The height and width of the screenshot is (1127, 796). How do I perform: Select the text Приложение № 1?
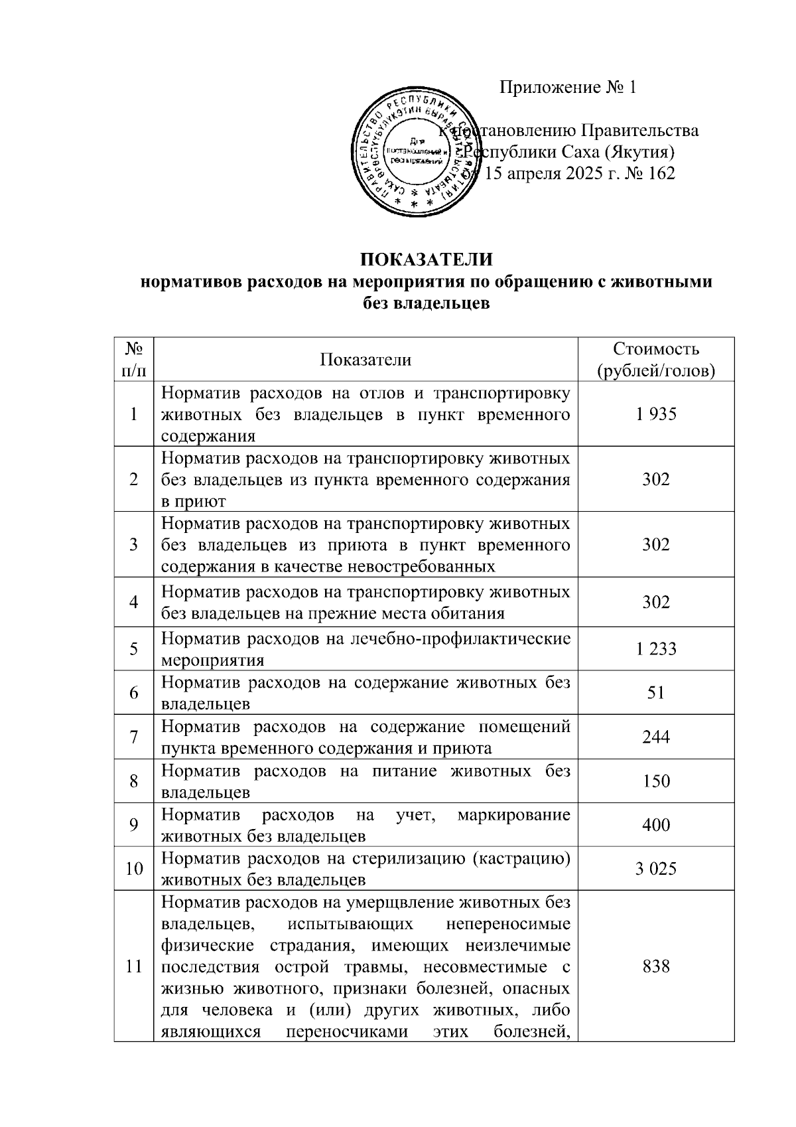click(567, 87)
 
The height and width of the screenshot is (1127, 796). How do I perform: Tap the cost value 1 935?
click(655, 414)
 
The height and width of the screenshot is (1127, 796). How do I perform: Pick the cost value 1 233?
click(655, 648)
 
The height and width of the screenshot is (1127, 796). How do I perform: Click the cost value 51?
click(655, 692)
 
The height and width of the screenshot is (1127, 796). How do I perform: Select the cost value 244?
click(655, 737)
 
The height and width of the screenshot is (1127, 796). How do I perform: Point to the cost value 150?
click(655, 781)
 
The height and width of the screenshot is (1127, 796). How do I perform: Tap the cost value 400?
click(655, 825)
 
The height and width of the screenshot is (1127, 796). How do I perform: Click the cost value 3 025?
click(655, 869)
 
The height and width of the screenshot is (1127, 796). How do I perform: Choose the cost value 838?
click(655, 966)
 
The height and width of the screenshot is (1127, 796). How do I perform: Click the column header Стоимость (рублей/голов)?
click(655, 360)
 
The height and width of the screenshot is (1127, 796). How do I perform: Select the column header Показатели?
click(365, 360)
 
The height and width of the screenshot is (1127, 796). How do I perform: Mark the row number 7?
click(134, 737)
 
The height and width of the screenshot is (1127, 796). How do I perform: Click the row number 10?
click(134, 869)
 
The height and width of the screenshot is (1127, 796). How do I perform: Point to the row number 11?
click(134, 966)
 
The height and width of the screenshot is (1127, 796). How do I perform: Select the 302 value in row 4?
click(655, 602)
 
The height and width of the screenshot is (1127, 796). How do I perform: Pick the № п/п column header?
click(134, 359)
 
